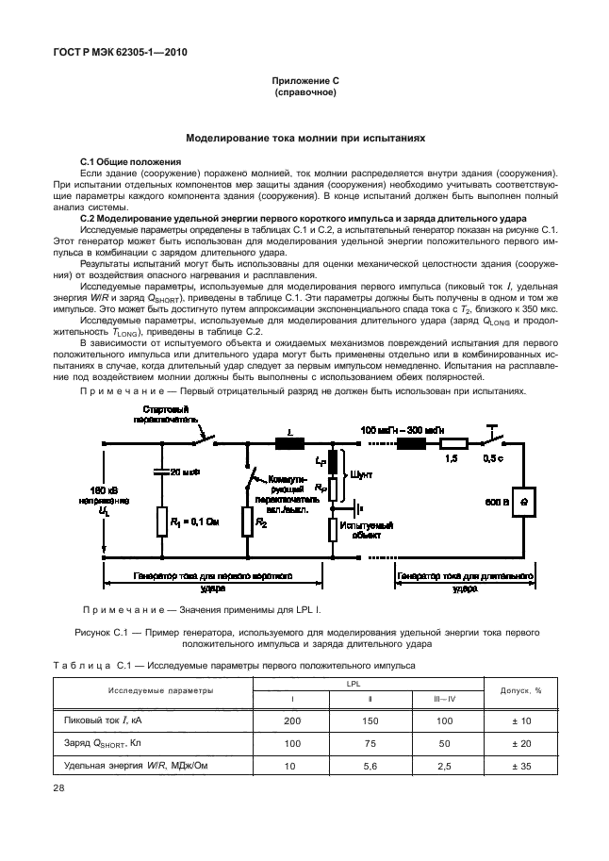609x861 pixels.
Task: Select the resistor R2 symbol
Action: pyautogui.click(x=248, y=521)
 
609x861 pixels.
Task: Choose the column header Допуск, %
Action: pyautogui.click(x=521, y=691)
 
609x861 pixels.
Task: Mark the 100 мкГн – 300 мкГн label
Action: pyautogui.click(x=403, y=429)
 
